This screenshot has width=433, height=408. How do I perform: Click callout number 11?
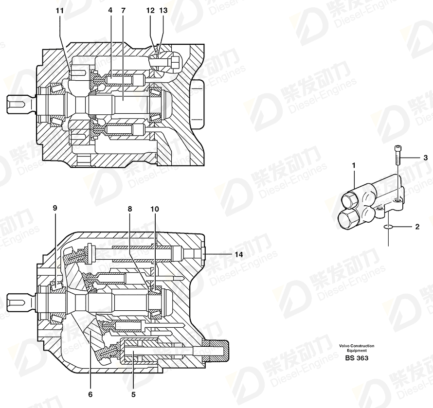60,11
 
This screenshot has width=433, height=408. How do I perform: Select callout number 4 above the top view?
110,11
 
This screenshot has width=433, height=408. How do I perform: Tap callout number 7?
123,11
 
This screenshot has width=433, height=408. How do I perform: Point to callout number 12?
150,11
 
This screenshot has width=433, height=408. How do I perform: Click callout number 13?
163,11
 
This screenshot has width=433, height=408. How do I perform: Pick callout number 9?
54,208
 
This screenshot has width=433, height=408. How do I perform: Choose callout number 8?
130,209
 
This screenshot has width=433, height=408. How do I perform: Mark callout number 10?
155,209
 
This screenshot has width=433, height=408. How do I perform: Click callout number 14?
239,254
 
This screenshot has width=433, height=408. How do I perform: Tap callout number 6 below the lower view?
90,394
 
